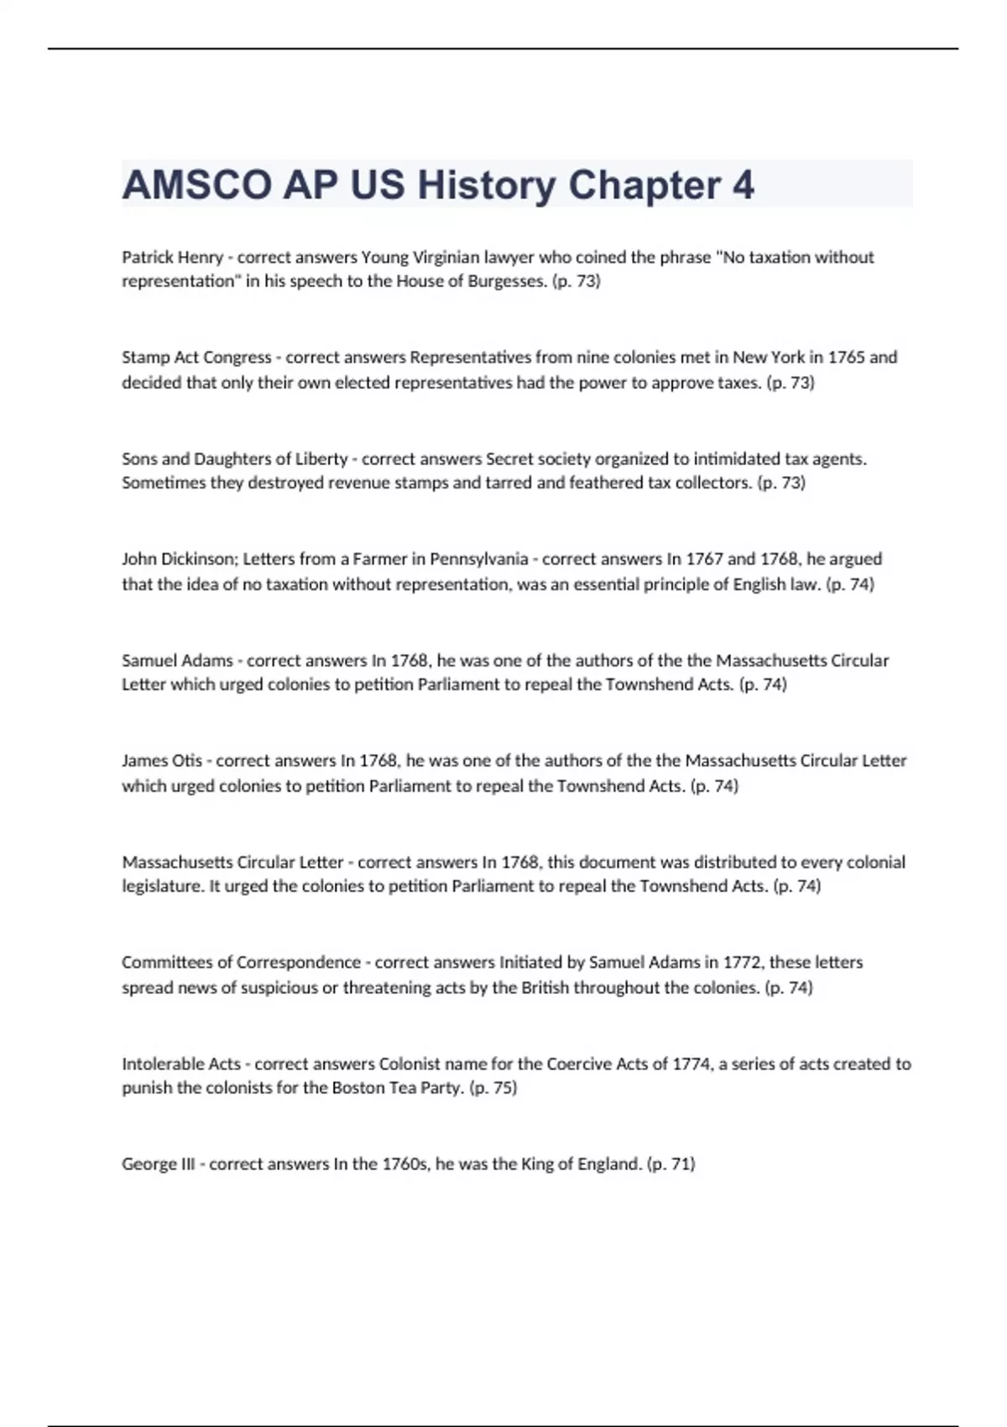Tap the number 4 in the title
coord(744,186)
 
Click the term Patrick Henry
coord(172,257)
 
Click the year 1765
coord(846,358)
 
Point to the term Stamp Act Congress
coord(196,358)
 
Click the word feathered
coord(606,483)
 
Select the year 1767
coord(704,559)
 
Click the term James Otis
coord(162,761)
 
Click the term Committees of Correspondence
coord(241,962)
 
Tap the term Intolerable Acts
coord(181,1064)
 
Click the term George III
coord(158,1164)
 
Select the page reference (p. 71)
coord(670,1164)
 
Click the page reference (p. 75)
coord(493,1088)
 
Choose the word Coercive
coord(579,1064)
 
